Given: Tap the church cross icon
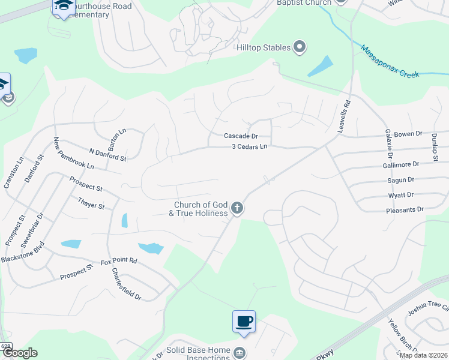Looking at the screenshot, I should coord(237,208).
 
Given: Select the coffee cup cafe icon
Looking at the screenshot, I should coord(244,322).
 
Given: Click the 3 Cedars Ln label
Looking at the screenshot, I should coord(249,146).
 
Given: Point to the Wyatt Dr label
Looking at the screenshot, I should coord(401,195).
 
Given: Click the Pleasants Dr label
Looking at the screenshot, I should coord(405,210).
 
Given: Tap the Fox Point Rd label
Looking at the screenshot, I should coord(119,261).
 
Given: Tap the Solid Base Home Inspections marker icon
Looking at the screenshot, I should coord(240,352).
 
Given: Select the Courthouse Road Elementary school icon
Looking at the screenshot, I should coord(62,6).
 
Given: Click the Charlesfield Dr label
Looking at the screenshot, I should coord(126,283).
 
